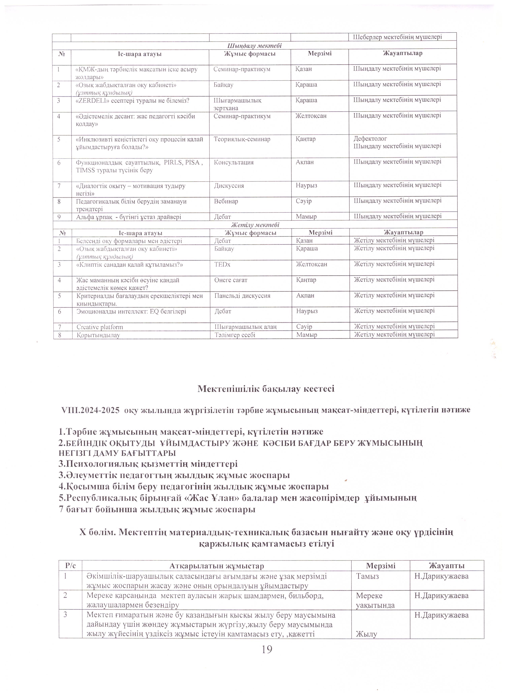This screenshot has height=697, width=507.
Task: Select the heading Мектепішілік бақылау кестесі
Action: [x=266, y=388]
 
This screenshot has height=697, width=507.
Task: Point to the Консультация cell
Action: [x=234, y=162]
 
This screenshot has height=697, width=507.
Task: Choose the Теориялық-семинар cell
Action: [x=242, y=139]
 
